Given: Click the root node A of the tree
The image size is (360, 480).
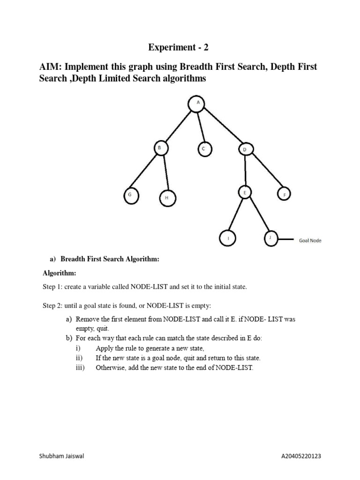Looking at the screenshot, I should pos(197,104).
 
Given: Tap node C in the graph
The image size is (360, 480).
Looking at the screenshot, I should pos(203,149).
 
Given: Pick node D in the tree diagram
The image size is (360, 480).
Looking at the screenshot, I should pos(245,150).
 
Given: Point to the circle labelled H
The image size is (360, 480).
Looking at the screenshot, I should pos(166,198).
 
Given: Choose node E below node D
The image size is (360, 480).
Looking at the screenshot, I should pos(245,193).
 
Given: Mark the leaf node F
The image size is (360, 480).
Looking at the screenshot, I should pos(284,194).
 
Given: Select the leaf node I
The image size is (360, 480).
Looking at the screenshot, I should pos(228,239).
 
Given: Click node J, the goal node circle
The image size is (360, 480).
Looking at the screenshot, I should pos(270,238).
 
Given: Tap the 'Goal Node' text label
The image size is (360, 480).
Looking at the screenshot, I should pos(310,241).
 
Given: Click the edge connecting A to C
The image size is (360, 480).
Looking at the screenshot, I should pos(200,127).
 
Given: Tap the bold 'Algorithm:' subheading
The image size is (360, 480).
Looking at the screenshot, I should pos(59,273).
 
